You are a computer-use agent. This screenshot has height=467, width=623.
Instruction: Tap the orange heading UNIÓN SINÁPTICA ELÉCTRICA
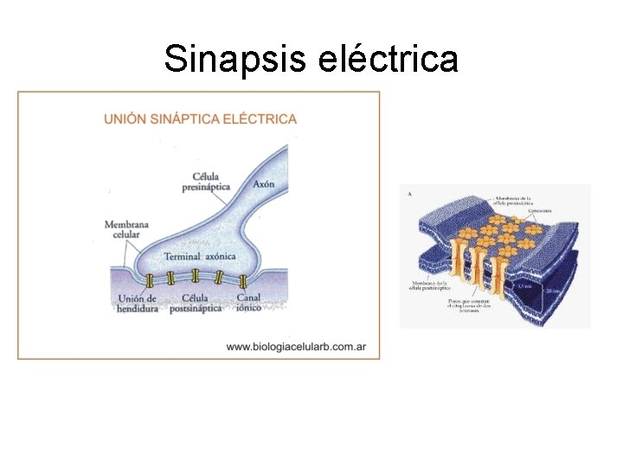pos(200,119)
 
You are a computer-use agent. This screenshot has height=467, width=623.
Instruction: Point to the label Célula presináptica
pos(206,181)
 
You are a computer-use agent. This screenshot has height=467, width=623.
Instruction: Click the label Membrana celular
pos(126,230)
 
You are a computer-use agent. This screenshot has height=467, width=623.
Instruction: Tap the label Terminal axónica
pos(195,256)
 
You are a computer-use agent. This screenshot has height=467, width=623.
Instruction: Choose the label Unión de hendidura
pos(137,304)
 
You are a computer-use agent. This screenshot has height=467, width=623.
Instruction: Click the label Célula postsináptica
pos(196,304)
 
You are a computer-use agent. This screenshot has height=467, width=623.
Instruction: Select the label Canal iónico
pos(248,304)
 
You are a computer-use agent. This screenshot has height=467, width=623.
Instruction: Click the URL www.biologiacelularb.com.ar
pos(296,347)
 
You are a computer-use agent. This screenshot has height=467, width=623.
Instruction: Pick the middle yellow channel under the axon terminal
pos(195,276)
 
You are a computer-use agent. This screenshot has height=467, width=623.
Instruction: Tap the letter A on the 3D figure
pos(408,194)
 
